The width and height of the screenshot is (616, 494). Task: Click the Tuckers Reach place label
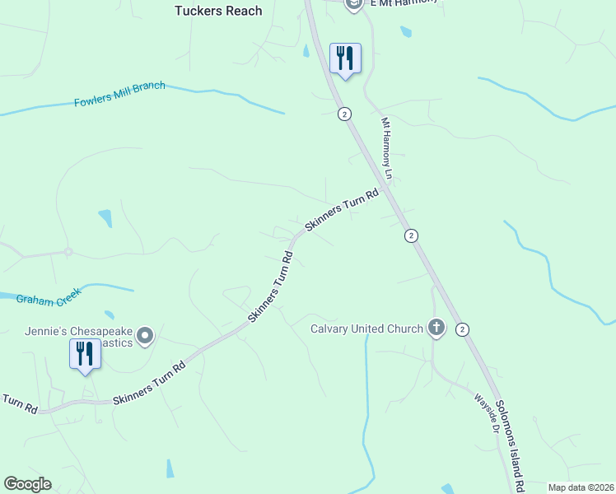coord(218,11)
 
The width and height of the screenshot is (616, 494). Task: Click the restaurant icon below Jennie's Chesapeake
coord(85,354)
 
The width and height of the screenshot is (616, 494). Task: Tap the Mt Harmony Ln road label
coord(387,148)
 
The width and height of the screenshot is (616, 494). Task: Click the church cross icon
coord(436,329)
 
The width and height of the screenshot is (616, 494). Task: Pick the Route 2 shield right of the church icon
coord(462,329)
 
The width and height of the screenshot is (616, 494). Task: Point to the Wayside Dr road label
coord(487,412)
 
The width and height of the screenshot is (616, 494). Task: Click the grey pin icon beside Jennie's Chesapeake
coord(146,335)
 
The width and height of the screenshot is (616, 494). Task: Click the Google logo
coord(27,484)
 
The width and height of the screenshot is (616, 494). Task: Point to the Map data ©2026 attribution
coord(580,487)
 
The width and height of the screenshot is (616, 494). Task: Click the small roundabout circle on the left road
coord(68,252)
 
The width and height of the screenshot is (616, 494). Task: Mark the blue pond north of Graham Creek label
coord(105,218)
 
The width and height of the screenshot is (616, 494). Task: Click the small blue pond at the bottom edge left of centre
coord(170,468)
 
